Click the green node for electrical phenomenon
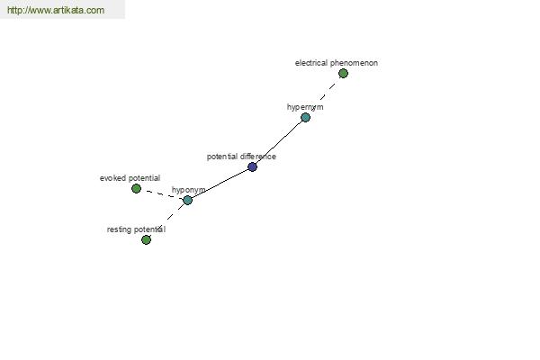343,74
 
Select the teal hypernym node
305,118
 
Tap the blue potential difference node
252,166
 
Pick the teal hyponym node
187,200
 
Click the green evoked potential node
137,188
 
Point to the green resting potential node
146,239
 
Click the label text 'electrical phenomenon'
337,63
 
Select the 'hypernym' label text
305,107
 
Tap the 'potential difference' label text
241,157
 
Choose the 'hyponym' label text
188,190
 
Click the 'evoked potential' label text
130,178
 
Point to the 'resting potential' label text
136,229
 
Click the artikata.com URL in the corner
56,10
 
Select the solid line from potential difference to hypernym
279,142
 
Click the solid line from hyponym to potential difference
220,184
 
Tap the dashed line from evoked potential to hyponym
162,194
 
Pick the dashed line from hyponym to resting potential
166,220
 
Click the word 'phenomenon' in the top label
354,63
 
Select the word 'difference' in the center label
259,157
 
